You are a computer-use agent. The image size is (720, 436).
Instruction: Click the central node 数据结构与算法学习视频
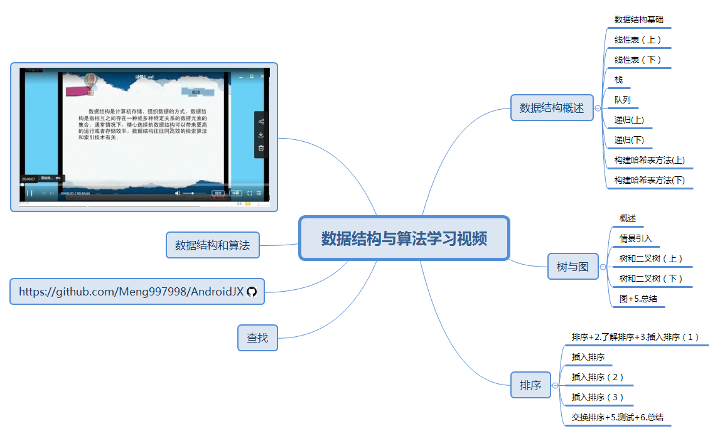tap(404, 238)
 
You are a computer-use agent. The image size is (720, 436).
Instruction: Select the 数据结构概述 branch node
tap(552, 108)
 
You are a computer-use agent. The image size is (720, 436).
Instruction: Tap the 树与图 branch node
tap(572, 267)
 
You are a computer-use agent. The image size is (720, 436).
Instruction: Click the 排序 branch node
tap(530, 385)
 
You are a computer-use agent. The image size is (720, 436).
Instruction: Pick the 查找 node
tap(257, 338)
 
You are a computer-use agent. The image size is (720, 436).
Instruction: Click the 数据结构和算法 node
tap(212, 245)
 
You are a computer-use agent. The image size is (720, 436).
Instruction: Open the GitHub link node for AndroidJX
tap(131, 291)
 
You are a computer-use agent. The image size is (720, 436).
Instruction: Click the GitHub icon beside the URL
tap(252, 292)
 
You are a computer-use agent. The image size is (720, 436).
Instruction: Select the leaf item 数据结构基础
tap(638, 19)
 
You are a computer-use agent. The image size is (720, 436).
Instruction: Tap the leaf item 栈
tap(618, 80)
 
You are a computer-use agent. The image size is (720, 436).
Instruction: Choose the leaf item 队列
tap(622, 100)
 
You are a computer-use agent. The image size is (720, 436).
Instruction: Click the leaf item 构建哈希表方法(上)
tap(649, 160)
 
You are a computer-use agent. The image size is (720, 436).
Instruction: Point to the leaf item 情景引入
tap(635, 238)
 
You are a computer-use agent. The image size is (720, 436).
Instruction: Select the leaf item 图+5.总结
tap(638, 299)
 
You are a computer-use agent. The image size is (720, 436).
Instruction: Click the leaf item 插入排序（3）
tap(597, 397)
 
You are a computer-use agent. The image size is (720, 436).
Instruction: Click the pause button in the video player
tap(29, 193)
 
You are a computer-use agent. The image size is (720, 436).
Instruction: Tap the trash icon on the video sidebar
tap(261, 148)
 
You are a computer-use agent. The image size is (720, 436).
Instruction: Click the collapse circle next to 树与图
tap(603, 267)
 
